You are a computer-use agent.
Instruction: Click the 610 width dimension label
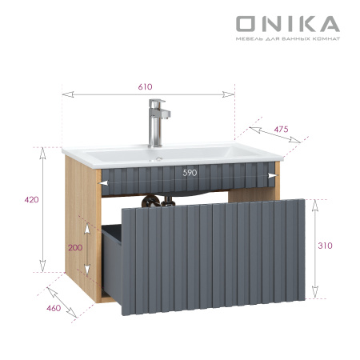[144, 86]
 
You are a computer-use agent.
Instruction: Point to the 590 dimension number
[189, 172]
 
